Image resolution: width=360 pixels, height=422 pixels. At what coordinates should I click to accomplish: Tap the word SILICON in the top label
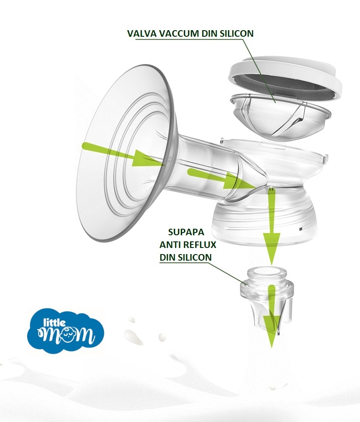(237, 34)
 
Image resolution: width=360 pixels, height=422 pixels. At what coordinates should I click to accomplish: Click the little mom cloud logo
(66, 331)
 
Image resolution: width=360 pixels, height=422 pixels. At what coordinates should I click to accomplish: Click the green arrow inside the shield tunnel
(221, 179)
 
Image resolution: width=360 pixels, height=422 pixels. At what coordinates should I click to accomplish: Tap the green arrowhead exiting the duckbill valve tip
(271, 331)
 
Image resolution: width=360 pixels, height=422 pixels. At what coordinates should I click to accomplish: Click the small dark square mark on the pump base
(301, 229)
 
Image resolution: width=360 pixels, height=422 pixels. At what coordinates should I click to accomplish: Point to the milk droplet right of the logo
(162, 338)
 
